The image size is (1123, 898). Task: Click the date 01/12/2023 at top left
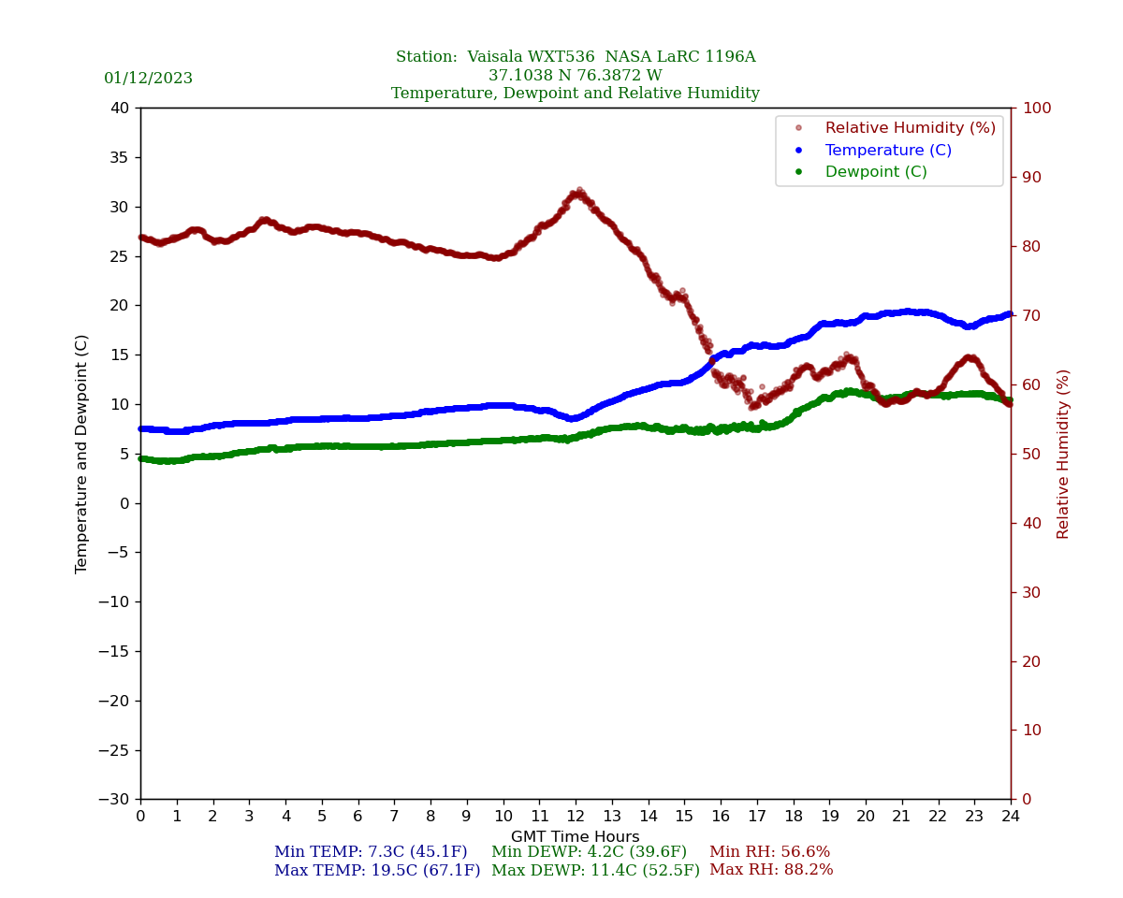(x=148, y=79)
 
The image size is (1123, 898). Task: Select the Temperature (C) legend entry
(x=888, y=151)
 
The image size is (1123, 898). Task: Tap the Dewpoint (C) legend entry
(x=876, y=172)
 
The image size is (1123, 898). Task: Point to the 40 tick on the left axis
(x=120, y=109)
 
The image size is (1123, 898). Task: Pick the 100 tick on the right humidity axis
(x=1036, y=109)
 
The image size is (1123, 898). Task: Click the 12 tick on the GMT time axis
(x=576, y=817)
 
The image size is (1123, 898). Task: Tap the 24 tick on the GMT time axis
(x=1011, y=817)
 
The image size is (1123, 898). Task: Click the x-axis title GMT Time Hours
(x=576, y=837)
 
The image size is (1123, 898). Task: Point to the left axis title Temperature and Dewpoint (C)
(x=82, y=454)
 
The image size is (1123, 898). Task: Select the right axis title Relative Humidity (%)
(x=1064, y=454)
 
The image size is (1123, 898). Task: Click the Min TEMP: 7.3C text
(x=371, y=852)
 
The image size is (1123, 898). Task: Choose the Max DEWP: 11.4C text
(x=595, y=871)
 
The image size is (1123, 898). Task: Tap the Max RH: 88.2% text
(x=771, y=871)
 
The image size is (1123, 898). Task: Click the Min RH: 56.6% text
(x=769, y=852)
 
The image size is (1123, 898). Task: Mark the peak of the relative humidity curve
(x=579, y=191)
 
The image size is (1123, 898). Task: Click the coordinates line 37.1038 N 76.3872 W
(x=576, y=76)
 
